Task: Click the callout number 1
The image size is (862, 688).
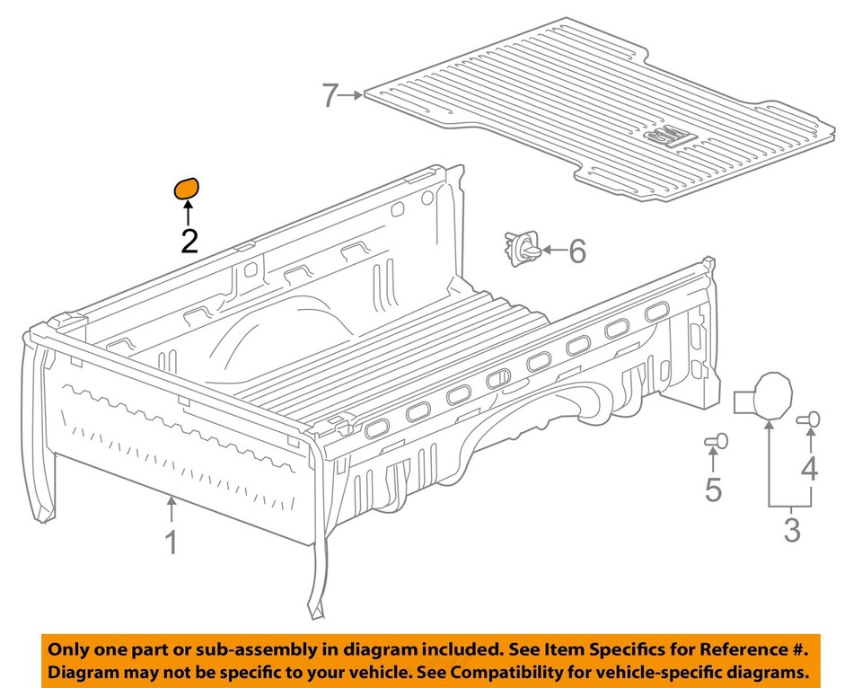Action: point(171,542)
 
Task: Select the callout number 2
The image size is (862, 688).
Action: point(189,241)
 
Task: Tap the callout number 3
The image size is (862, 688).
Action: point(791,529)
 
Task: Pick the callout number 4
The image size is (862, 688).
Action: point(810,468)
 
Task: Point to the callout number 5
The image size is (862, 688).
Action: point(713,490)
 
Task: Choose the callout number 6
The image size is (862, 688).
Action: point(576,251)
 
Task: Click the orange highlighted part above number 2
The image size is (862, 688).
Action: point(185,189)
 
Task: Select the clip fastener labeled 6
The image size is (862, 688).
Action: point(522,249)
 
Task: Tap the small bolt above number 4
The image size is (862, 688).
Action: point(810,418)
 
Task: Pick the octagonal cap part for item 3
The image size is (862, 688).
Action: point(772,395)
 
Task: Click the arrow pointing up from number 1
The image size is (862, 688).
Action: point(171,509)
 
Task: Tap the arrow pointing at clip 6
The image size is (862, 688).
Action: point(550,251)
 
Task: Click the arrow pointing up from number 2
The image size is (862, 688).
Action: point(189,214)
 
